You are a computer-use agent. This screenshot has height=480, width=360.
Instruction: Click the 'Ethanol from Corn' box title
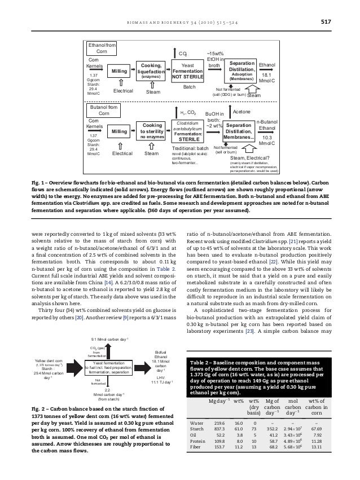tap(102, 47)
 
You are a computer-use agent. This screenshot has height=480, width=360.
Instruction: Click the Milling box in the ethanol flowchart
tap(120, 72)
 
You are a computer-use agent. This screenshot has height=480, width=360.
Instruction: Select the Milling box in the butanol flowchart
tap(119, 131)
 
